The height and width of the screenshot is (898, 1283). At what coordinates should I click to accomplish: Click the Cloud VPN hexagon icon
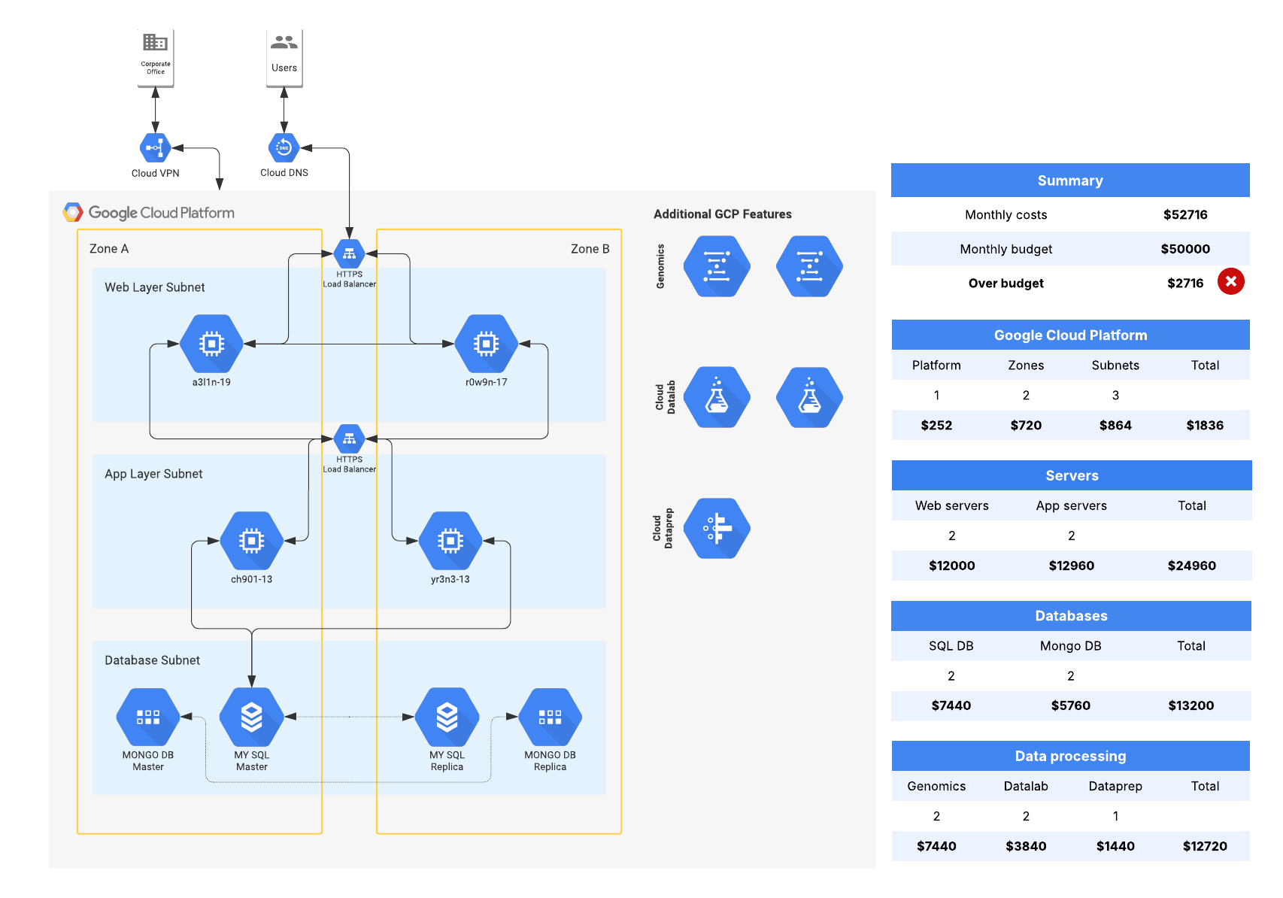(x=155, y=148)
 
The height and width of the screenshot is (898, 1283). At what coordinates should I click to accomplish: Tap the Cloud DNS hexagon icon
(x=284, y=148)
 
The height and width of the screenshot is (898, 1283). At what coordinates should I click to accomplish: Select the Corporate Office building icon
(x=155, y=42)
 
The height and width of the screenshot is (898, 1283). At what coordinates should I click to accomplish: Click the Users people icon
(x=284, y=43)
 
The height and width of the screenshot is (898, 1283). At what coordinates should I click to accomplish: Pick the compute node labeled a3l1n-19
(x=211, y=344)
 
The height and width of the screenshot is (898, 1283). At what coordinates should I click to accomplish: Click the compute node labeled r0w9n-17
(x=486, y=344)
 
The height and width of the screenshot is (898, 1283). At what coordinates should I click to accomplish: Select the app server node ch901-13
(x=251, y=541)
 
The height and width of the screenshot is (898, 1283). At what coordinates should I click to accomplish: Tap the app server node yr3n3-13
(x=450, y=541)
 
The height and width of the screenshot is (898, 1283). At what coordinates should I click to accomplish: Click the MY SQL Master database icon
(x=251, y=717)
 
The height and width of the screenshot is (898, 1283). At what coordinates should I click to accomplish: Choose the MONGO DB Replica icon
(x=550, y=717)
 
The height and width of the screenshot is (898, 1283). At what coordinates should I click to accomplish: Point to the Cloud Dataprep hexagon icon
(x=717, y=528)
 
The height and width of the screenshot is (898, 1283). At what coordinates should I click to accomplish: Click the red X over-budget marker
(x=1230, y=281)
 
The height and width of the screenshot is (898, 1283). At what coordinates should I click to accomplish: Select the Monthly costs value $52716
(x=1184, y=215)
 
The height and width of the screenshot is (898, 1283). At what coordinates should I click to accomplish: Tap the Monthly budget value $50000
(x=1184, y=249)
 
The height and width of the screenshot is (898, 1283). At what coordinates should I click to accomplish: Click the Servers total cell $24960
(x=1191, y=566)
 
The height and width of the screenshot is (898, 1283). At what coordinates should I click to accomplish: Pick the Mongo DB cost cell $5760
(x=1070, y=705)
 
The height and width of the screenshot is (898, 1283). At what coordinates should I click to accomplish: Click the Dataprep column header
(x=1115, y=786)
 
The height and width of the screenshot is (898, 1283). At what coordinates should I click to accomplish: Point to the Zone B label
(x=590, y=249)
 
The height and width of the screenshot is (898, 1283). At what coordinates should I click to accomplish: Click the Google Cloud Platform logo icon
(x=73, y=212)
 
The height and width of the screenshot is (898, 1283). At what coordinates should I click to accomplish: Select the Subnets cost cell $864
(x=1115, y=425)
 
